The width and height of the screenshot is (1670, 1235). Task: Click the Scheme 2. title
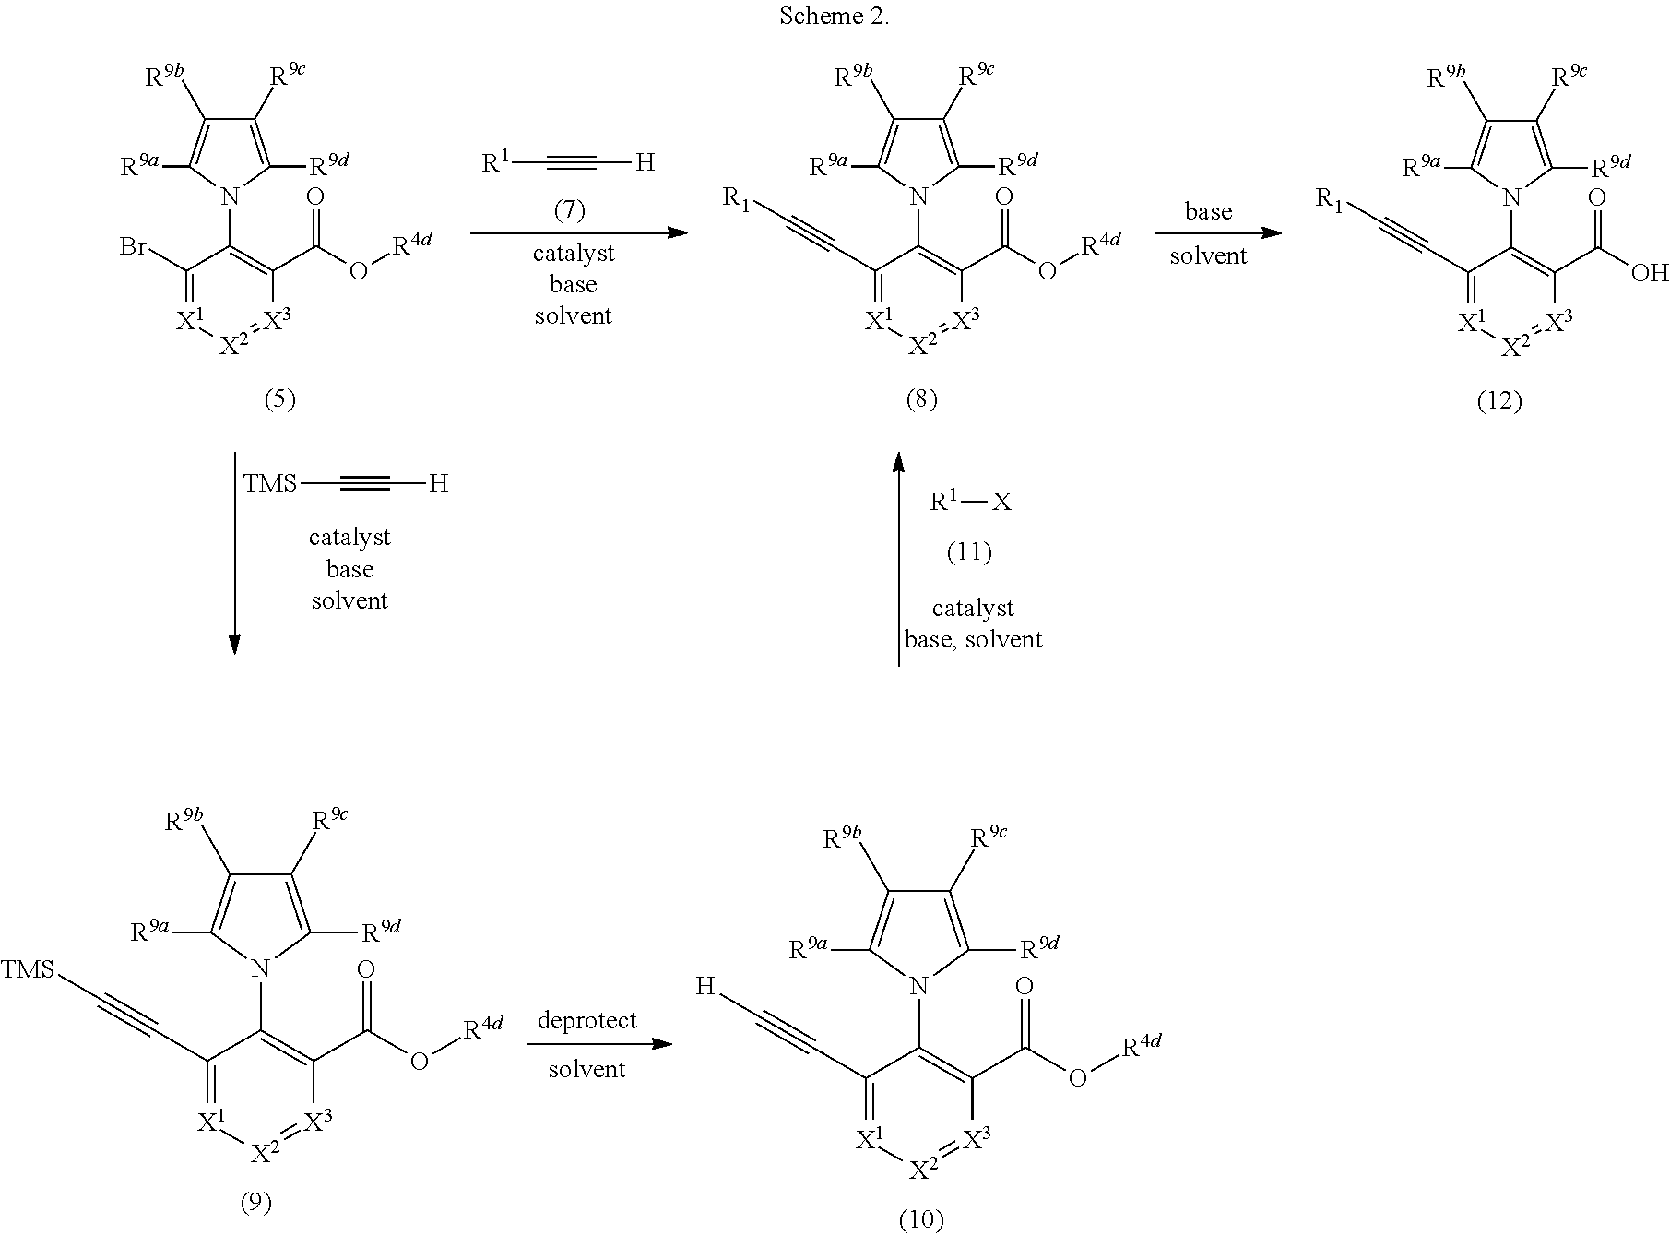[835, 17]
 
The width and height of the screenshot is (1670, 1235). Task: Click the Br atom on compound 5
[136, 247]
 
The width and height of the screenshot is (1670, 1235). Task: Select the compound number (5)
[279, 398]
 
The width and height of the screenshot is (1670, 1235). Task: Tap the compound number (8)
[921, 398]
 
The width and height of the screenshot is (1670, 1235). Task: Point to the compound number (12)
[1498, 400]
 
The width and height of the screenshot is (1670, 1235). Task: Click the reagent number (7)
[570, 210]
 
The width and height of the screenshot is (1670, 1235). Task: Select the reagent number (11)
[969, 552]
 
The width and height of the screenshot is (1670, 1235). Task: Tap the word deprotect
[587, 1020]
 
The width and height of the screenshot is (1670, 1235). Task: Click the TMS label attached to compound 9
[27, 969]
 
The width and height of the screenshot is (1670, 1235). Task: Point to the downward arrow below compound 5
[234, 553]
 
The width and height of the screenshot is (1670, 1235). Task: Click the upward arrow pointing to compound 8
[899, 557]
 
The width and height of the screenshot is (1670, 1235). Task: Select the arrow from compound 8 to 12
[1218, 232]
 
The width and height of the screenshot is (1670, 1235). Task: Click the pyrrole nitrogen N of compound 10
[918, 988]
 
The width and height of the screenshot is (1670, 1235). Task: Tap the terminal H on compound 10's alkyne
[705, 987]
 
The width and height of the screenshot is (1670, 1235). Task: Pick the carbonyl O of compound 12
[1597, 197]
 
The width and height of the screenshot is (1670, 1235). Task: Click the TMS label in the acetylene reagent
[270, 483]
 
